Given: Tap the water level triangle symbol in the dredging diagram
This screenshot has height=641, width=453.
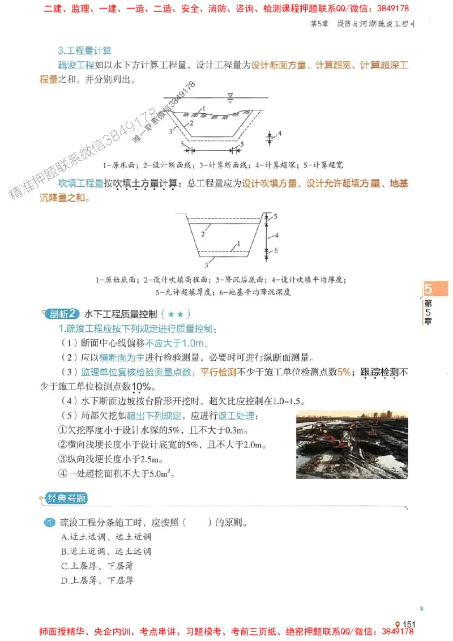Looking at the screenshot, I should (x=229, y=95).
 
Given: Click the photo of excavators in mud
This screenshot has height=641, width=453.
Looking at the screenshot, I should (x=352, y=445).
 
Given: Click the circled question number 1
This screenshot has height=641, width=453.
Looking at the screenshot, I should (x=49, y=522).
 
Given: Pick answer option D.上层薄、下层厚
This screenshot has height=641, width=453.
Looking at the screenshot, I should (x=97, y=580).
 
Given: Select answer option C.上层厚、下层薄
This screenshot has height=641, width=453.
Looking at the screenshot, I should (x=97, y=566).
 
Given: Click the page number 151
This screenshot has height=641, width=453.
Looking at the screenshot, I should (x=409, y=624).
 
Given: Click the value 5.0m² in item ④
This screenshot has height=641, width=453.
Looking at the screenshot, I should (x=161, y=474).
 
